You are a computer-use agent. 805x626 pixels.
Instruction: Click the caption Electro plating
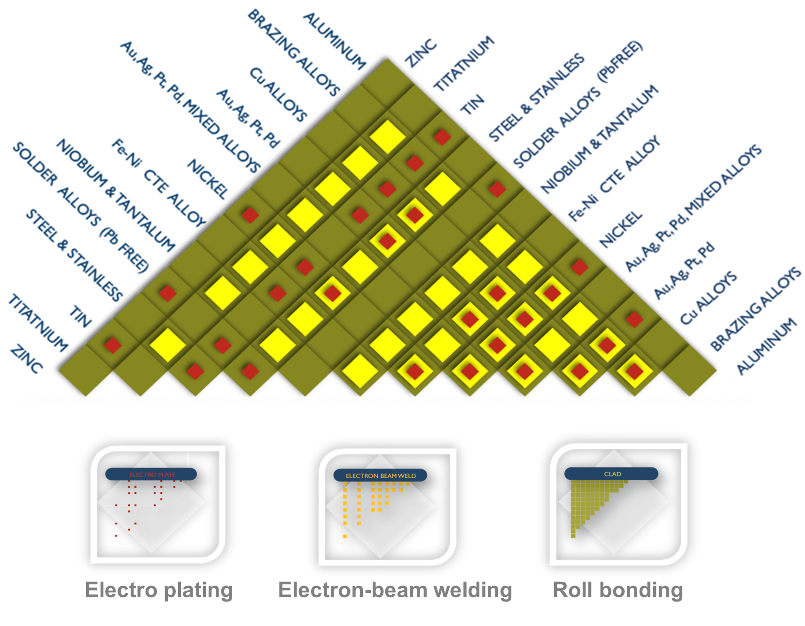(x=159, y=590)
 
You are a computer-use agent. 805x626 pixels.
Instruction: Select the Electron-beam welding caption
(x=395, y=590)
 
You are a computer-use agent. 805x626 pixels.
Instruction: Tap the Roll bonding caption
(x=618, y=590)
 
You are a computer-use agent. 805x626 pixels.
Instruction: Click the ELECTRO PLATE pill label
(x=152, y=475)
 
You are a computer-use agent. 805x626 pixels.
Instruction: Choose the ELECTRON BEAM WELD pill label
(x=381, y=476)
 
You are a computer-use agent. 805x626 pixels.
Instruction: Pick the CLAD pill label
(x=612, y=474)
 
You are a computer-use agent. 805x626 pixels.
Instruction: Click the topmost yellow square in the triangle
(x=387, y=137)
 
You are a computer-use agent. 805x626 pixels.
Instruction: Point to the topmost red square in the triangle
(x=442, y=137)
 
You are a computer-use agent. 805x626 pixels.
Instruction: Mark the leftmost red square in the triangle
(x=113, y=345)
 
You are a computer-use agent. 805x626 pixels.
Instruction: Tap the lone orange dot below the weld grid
(x=345, y=536)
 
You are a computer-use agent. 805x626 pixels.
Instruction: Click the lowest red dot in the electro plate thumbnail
(x=116, y=536)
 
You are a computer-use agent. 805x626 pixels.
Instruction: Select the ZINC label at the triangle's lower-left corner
(x=26, y=359)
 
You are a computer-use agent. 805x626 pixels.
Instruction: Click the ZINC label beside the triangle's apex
(x=421, y=54)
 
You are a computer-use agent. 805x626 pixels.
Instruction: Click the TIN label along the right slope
(x=472, y=104)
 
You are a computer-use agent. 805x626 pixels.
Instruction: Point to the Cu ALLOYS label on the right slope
(x=708, y=298)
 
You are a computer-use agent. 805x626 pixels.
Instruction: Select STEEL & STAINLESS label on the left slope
(x=74, y=255)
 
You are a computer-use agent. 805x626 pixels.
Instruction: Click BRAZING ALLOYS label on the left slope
(x=294, y=52)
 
